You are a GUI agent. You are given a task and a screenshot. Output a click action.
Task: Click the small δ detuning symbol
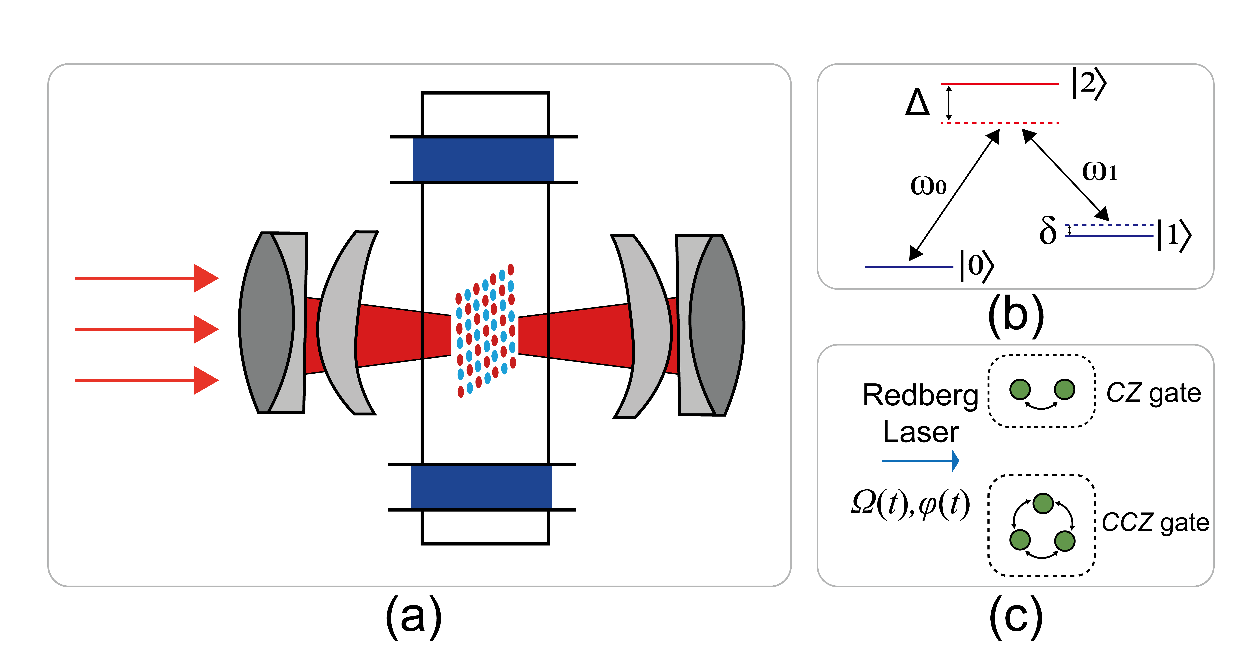pyautogui.click(x=1048, y=231)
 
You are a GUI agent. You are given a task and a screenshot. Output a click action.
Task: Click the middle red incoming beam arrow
pyautogui.click(x=147, y=329)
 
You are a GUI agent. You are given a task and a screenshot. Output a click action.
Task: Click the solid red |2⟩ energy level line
pyautogui.click(x=1000, y=84)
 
